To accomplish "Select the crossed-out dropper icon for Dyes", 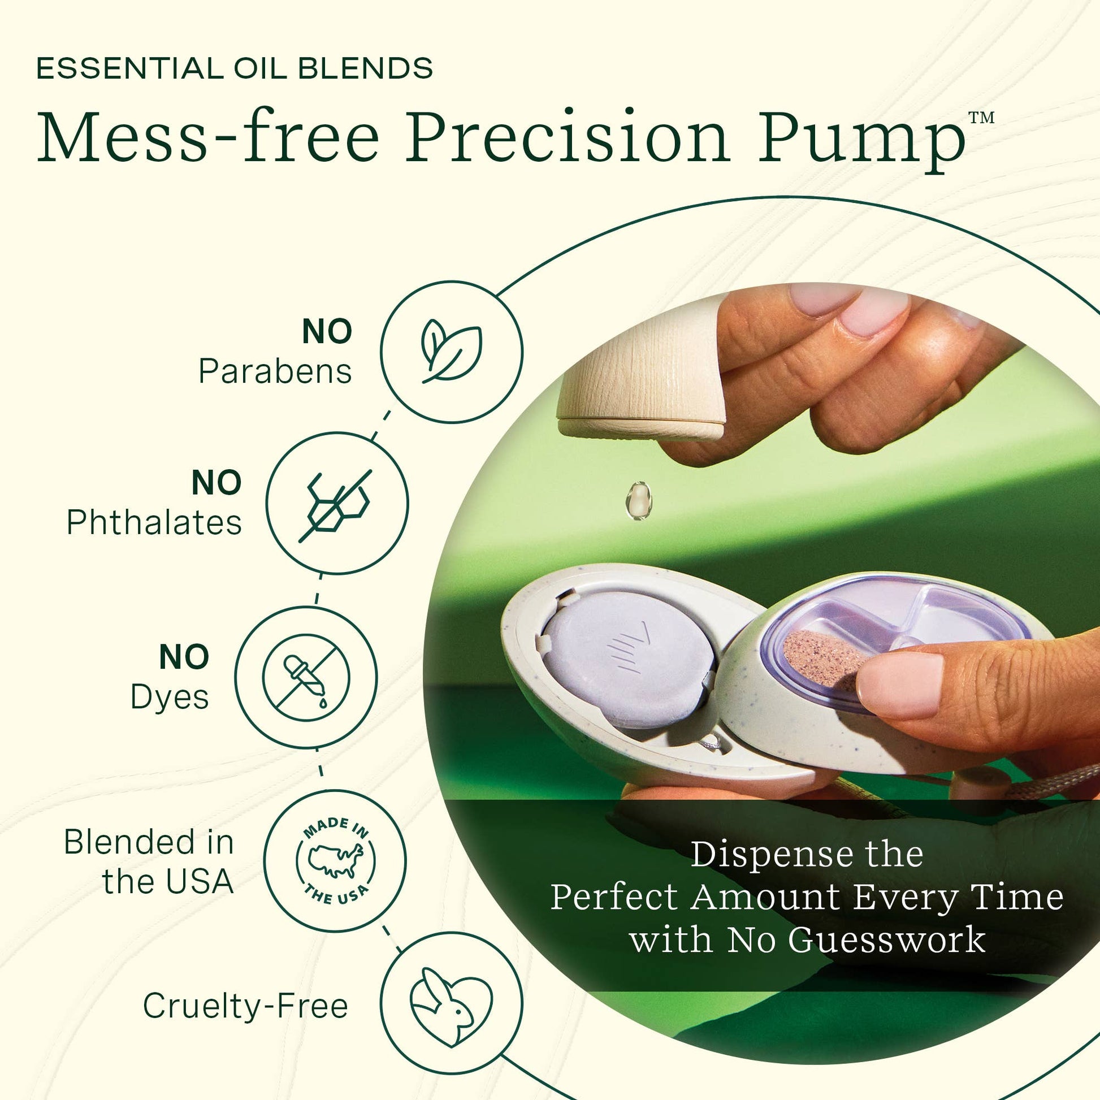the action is click(306, 677).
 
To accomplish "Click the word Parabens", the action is click(275, 372).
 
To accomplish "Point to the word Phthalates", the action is click(154, 522).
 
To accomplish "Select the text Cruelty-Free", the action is click(245, 1006).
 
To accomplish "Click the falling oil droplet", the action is click(639, 500).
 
